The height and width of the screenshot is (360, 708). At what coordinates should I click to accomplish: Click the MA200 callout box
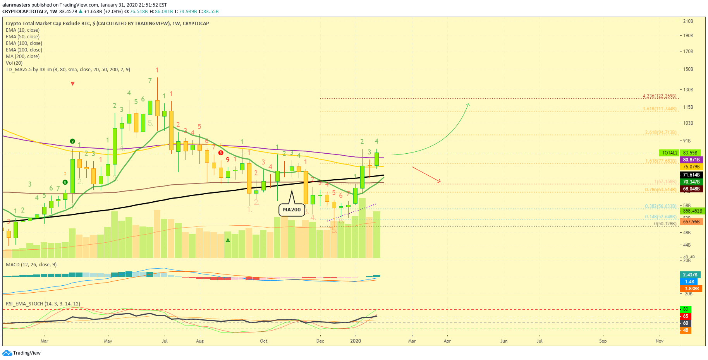coord(291,210)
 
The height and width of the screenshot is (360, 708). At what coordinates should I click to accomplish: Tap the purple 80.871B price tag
coord(691,160)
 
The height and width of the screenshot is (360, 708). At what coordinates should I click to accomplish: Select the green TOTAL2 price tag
coord(670,153)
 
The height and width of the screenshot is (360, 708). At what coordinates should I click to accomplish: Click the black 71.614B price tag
coord(691,175)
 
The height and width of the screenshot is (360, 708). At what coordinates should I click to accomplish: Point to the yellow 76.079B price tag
coord(691,167)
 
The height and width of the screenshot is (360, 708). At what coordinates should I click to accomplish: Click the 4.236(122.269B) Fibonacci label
coord(659,96)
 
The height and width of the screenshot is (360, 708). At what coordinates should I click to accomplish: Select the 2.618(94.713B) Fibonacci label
coord(660,132)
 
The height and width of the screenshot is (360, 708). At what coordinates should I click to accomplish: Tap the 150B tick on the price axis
coord(688,69)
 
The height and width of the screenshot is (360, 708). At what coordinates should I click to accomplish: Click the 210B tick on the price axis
coord(688,21)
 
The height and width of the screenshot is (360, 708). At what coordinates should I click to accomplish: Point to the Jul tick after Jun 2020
coord(539,341)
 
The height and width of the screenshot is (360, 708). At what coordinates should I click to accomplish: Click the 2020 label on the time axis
coord(355,341)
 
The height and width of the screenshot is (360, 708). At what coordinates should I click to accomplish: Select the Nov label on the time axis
coord(659,341)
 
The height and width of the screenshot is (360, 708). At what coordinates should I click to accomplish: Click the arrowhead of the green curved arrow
coord(468,105)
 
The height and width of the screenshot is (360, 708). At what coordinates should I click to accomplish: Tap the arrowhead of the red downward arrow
coord(439,181)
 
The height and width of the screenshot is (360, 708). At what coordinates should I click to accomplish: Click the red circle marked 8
coord(221,153)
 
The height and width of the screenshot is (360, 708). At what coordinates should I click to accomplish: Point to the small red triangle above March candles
coord(72,84)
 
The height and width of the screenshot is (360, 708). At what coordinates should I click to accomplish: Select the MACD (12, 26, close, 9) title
coord(31,265)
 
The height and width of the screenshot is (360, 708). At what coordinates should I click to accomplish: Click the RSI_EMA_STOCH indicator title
coord(43,304)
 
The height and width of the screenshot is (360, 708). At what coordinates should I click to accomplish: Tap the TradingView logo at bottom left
coord(22,353)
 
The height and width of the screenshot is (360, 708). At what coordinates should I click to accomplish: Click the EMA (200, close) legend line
coord(24,50)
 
